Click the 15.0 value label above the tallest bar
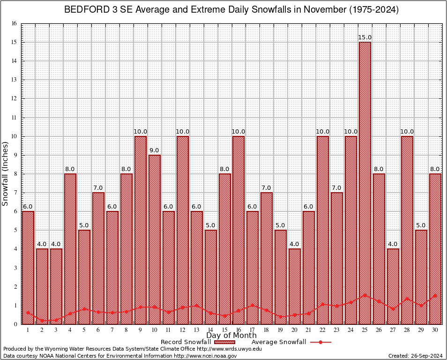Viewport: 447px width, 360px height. tap(365, 37)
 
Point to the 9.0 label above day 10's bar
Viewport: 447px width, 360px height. tap(154, 150)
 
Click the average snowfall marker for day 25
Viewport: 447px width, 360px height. tap(365, 295)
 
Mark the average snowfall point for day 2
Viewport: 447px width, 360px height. tap(42, 321)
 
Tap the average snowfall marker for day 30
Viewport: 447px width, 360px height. tap(435, 296)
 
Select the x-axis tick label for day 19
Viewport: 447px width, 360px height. tap(281, 330)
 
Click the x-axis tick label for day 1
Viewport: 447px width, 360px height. tap(28, 330)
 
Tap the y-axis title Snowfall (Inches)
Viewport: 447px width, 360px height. tap(6, 173)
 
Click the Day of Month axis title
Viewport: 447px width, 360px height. tap(231, 336)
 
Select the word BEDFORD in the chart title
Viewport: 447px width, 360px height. tap(82, 10)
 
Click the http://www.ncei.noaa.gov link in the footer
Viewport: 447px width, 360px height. tap(205, 356)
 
